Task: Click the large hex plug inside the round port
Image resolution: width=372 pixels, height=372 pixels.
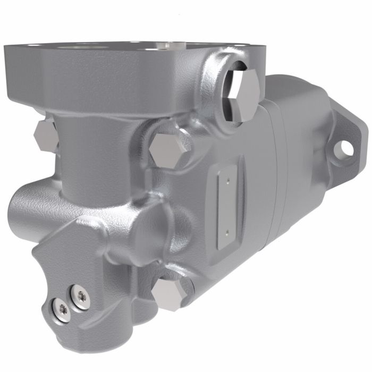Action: [246, 95]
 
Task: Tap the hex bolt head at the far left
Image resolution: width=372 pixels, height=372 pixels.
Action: [45, 136]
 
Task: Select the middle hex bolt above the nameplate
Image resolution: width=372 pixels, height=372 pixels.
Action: [166, 149]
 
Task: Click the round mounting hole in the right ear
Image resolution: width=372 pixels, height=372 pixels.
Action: [346, 149]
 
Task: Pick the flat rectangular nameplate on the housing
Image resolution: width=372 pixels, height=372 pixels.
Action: [226, 206]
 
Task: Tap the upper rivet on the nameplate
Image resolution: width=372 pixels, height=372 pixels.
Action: [227, 181]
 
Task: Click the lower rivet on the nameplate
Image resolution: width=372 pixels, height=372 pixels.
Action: [227, 231]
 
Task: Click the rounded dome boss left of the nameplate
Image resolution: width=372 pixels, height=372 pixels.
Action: [154, 223]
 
